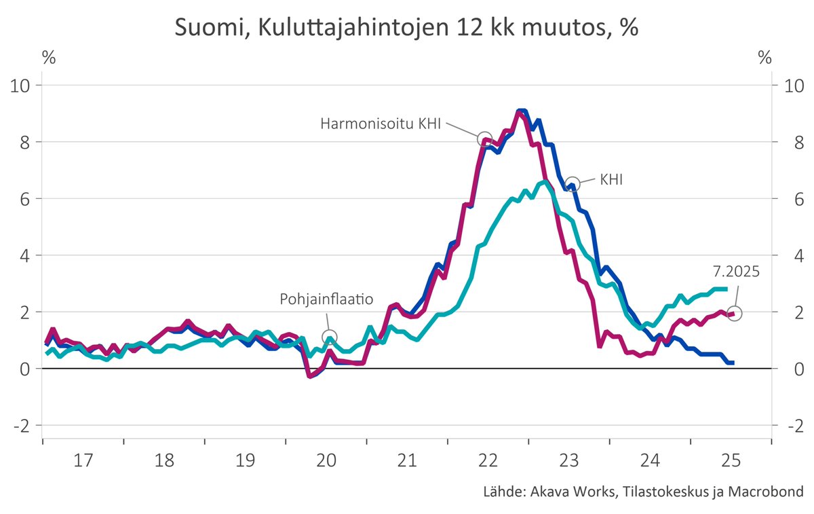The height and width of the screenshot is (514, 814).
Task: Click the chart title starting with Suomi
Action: point(407,28)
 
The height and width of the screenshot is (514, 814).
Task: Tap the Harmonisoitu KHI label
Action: point(381,124)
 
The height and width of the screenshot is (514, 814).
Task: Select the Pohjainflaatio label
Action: point(326,299)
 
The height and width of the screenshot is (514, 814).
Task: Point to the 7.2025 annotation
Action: point(735,271)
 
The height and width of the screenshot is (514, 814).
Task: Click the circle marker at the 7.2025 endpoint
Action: point(734,313)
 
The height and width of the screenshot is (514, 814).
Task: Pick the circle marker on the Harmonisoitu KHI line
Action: point(485,139)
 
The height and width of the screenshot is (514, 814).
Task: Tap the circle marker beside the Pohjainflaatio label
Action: point(330,337)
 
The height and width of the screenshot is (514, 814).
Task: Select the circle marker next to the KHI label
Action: point(573,184)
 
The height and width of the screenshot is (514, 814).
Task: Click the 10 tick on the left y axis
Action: point(24,86)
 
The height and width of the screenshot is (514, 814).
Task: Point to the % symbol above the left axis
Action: point(49,58)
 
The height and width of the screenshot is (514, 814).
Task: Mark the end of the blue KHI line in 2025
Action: point(733,363)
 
